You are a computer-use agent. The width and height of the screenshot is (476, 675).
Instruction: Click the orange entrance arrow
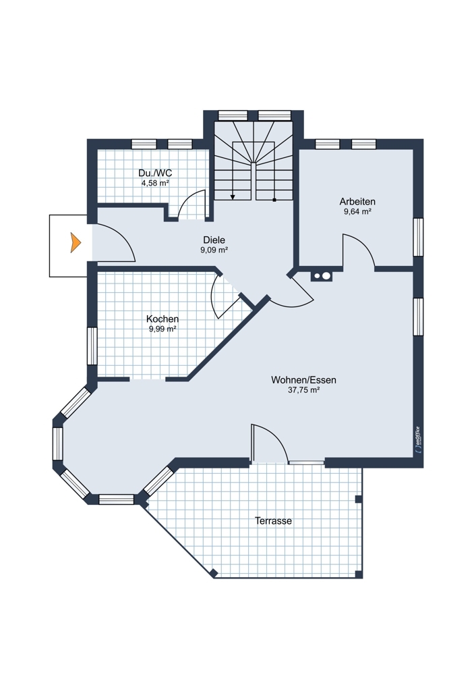[76, 242]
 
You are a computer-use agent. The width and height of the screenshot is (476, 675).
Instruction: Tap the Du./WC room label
[155, 173]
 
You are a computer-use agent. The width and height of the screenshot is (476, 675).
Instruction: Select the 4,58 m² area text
[155, 183]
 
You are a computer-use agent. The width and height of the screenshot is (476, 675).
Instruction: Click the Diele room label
[214, 240]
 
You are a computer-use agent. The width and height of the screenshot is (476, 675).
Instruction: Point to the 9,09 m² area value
[214, 250]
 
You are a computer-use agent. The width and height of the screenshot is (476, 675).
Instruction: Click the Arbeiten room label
[357, 201]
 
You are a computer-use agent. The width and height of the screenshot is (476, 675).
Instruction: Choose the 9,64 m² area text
[357, 211]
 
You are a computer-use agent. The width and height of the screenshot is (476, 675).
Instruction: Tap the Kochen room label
[162, 319]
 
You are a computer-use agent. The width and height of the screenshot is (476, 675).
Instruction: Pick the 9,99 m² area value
[162, 329]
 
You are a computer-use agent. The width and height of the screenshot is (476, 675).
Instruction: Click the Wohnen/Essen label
[303, 380]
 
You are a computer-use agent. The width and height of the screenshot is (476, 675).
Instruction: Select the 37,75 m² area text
[303, 390]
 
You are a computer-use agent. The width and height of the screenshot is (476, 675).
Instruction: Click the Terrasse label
[274, 521]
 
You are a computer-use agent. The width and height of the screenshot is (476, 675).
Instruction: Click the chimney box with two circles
[322, 275]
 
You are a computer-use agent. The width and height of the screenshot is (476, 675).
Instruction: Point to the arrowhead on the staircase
[233, 197]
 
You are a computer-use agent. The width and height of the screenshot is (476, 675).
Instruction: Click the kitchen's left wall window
[92, 346]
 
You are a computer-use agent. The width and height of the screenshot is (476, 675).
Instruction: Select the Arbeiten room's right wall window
[418, 237]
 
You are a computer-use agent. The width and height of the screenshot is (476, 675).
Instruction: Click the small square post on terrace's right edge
[358, 499]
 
